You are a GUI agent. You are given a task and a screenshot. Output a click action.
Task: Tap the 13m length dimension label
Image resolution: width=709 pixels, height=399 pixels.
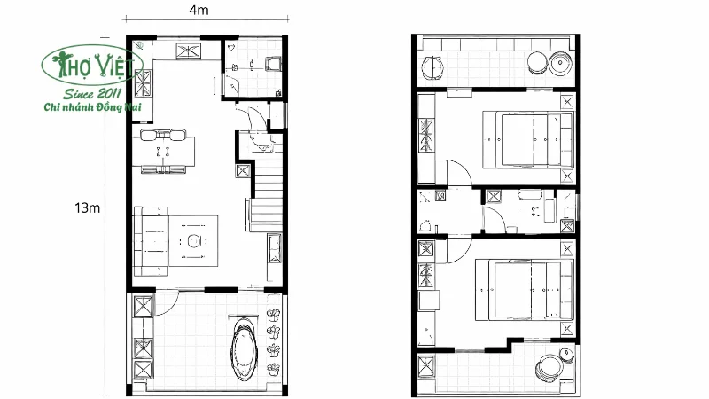tap(86, 207)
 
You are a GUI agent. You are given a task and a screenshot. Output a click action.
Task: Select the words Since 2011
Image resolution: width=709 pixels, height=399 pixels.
tap(91, 92)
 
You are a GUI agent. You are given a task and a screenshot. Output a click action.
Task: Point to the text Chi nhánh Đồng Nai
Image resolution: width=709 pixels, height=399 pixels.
tap(93, 107)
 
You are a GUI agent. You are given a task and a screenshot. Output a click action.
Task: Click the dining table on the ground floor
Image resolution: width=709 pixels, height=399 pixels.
tap(163, 151)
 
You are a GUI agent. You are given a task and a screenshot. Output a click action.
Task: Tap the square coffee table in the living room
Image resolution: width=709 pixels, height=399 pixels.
tap(192, 239)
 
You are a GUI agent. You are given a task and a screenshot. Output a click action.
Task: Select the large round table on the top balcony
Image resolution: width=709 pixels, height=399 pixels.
tap(562, 63)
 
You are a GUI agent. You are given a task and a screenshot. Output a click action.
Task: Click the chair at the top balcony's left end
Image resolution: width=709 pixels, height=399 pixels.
tap(432, 66)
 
